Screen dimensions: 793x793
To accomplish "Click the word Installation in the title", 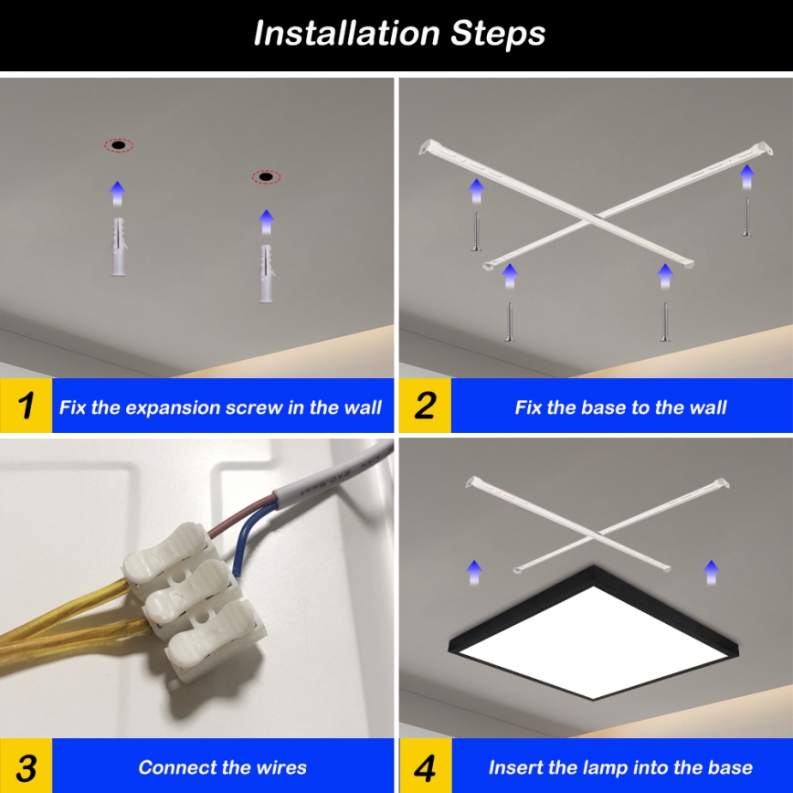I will coord(347,34).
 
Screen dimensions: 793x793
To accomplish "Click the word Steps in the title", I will coord(498,34).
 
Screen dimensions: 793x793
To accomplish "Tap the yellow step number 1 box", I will coord(26,406).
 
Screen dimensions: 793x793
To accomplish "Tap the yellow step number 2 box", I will coord(425,406).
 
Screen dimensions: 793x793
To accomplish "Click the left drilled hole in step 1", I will coord(118,145).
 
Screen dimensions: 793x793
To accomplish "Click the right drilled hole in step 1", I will coord(266,176).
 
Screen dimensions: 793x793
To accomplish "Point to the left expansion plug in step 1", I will coord(117,247).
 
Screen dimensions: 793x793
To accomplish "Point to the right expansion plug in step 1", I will coord(266,273).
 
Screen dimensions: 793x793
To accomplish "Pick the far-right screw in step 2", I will coord(746,217).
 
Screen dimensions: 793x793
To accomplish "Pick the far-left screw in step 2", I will coord(475,230).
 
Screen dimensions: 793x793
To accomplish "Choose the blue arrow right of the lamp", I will coord(711,572).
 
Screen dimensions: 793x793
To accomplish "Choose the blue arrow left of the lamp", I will coord(473,572).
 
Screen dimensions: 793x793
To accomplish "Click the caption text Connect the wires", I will coord(222,767).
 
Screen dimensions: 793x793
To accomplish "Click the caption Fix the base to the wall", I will coord(620,407).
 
